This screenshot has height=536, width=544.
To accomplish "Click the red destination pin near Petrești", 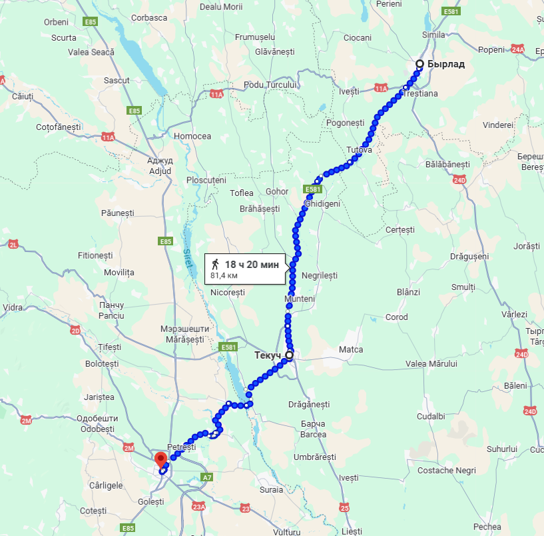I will coord(160,459).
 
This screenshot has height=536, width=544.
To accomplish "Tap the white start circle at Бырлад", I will coord(419,64).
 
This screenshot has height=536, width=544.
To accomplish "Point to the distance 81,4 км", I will coord(225,275).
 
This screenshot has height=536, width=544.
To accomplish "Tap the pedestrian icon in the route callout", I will coord(215,264).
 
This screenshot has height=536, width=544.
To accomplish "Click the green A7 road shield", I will coord(207,477).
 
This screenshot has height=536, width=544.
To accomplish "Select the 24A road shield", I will coord(518,49).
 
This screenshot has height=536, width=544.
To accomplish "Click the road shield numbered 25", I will coord(344,508).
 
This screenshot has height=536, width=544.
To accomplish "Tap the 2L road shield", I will coord(13,245).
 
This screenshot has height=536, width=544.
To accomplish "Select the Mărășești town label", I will coord(186,339).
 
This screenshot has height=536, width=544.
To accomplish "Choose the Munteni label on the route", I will coord(300,299).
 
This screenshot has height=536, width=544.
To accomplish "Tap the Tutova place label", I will coord(359,149).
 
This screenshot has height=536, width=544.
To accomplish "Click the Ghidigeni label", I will coord(322,203).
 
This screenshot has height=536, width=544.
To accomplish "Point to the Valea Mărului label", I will coord(431,364).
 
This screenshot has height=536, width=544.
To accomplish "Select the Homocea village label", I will coord(192,136).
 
